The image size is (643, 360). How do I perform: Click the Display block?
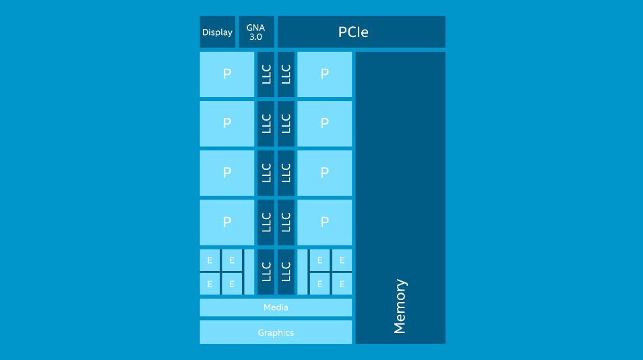point(217,32)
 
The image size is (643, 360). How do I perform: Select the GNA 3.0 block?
point(256,32)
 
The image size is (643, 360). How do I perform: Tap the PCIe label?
point(353,32)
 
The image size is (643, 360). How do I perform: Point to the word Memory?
point(400,306)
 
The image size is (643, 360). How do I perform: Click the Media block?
point(276,307)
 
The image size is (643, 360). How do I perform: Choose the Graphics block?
point(276,332)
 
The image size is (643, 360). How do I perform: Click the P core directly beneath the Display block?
point(226,74)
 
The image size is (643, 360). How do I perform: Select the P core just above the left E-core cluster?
point(226,222)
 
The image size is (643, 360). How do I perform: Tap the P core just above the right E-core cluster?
point(324,222)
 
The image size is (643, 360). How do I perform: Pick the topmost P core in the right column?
point(324,74)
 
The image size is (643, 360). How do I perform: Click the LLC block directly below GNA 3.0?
point(266,74)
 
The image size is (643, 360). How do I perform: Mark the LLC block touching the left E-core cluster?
point(266,272)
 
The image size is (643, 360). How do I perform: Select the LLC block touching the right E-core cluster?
point(286,272)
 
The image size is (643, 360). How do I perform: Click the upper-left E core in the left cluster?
point(210,260)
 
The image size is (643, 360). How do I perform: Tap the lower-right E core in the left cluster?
point(232,284)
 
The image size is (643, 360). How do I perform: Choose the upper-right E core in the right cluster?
point(342,260)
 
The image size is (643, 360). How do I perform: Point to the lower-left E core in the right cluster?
point(319,284)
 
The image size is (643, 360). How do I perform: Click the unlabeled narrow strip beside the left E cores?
point(249,272)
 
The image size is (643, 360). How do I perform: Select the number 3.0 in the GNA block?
point(255,37)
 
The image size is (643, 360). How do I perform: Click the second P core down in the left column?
point(226,124)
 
